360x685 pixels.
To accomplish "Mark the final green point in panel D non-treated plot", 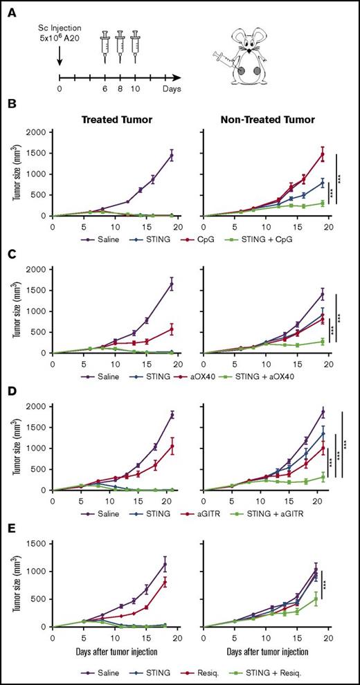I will click(x=321, y=477).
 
